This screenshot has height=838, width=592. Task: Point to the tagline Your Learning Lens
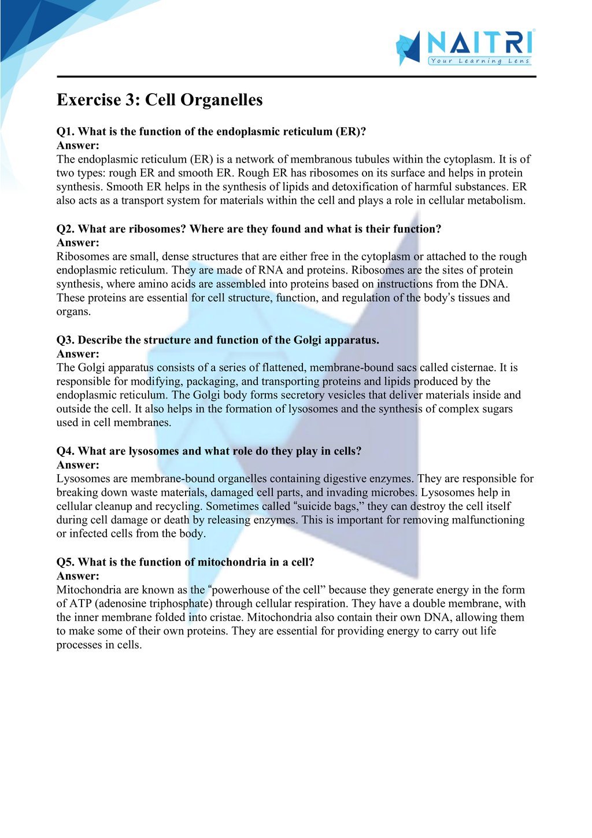(479, 61)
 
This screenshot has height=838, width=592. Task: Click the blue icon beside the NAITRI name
(408, 48)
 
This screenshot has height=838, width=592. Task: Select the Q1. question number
(65, 131)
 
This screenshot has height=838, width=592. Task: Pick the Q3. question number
(65, 340)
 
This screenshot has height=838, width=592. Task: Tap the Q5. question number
(65, 562)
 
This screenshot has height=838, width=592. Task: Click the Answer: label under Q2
(77, 243)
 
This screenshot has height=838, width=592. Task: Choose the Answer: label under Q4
(77, 465)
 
